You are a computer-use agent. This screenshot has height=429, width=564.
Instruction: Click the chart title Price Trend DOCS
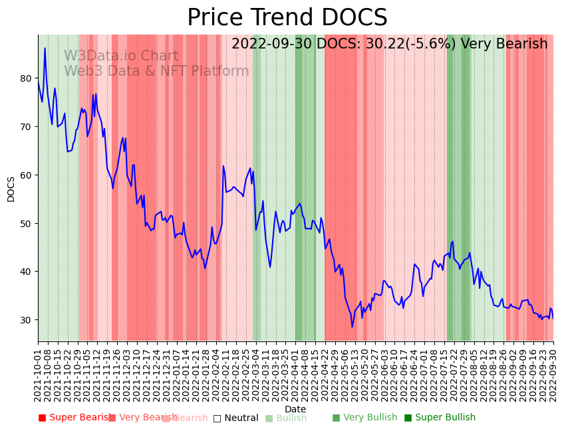point(287,18)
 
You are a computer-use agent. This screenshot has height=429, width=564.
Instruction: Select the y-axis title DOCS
point(11,189)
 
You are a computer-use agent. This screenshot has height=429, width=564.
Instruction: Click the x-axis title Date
point(295,409)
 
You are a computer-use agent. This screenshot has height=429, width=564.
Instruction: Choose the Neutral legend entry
point(235,418)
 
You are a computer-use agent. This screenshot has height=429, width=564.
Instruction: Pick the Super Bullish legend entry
point(440,418)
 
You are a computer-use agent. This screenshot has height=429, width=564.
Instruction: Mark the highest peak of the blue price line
point(45,48)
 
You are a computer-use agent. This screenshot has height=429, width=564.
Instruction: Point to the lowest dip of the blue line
point(352,327)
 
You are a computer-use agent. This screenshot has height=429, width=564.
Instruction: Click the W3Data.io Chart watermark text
point(121,56)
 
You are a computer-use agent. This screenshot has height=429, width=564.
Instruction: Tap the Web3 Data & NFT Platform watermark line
point(156,71)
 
